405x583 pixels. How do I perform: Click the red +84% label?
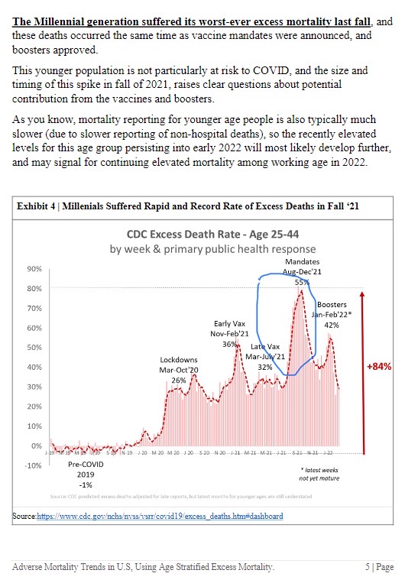pyautogui.click(x=379, y=366)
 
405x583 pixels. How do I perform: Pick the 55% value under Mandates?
pyautogui.click(x=301, y=282)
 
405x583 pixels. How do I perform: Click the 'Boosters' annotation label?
pyautogui.click(x=332, y=304)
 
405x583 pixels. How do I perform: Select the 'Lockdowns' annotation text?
pyautogui.click(x=179, y=359)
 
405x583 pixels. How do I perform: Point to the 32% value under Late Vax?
pyautogui.click(x=265, y=367)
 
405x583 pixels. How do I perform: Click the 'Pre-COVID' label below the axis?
pyautogui.click(x=86, y=464)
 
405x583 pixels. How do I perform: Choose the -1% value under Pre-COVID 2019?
pyautogui.click(x=86, y=484)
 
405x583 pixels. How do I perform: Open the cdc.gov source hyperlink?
pyautogui.click(x=160, y=516)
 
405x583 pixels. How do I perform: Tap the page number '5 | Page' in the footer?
pyautogui.click(x=378, y=567)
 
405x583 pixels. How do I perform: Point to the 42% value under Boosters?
pyautogui.click(x=332, y=324)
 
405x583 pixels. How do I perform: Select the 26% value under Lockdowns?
pyautogui.click(x=179, y=380)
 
